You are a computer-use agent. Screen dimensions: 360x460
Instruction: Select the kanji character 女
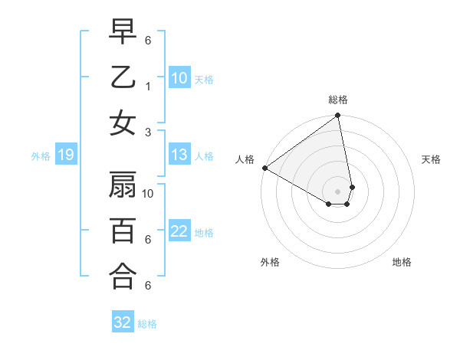123,123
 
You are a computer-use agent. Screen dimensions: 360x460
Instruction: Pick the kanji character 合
123,277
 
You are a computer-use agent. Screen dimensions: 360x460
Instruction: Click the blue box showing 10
179,77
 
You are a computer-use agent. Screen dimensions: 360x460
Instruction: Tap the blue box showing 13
179,155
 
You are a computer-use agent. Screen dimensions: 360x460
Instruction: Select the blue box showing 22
179,231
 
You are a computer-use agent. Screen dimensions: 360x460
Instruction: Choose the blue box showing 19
65,155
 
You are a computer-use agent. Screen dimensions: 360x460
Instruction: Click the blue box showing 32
123,322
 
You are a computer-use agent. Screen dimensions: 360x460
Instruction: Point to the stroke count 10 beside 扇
149,193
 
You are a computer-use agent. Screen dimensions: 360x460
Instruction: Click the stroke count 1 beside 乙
147,87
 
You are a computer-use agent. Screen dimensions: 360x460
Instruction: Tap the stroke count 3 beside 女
147,132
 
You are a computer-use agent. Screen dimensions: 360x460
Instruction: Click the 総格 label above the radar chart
338,100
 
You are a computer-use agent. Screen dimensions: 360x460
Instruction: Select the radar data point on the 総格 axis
338,116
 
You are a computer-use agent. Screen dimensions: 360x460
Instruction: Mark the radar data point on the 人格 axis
264,168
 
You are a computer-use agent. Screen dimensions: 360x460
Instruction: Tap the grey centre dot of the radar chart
338,191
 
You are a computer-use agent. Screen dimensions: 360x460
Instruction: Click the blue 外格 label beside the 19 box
41,156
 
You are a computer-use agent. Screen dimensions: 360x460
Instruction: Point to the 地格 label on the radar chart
402,262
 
